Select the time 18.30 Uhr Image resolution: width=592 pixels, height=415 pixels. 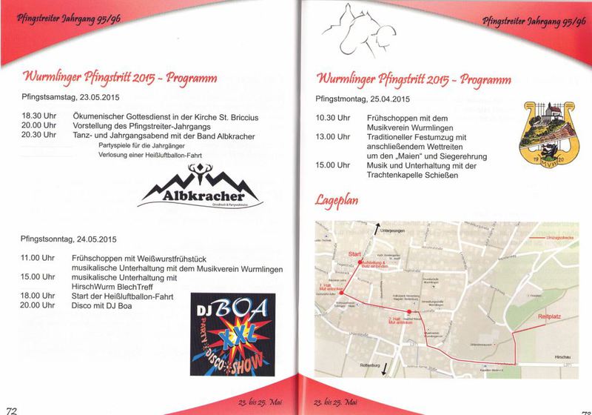tap(38, 117)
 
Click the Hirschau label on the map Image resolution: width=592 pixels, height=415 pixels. tap(562, 357)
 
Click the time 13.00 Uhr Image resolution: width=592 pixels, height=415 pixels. tap(333, 136)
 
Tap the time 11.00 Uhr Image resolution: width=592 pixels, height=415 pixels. tap(38, 258)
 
